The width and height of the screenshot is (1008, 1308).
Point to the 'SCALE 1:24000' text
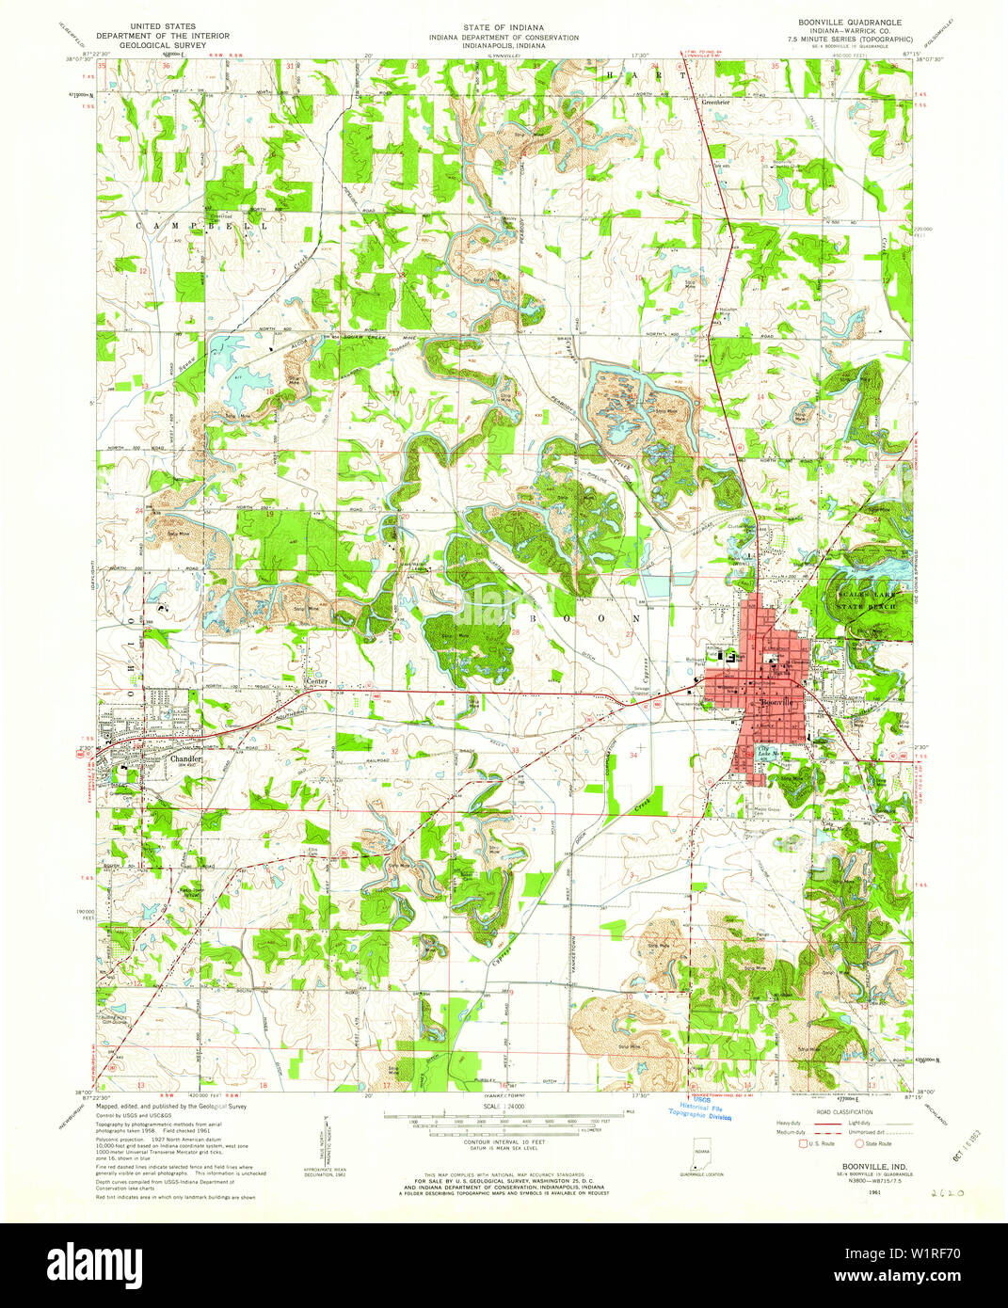[504, 1107]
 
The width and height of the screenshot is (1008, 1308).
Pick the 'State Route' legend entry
[875, 1144]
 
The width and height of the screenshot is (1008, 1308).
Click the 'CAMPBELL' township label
[202, 227]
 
